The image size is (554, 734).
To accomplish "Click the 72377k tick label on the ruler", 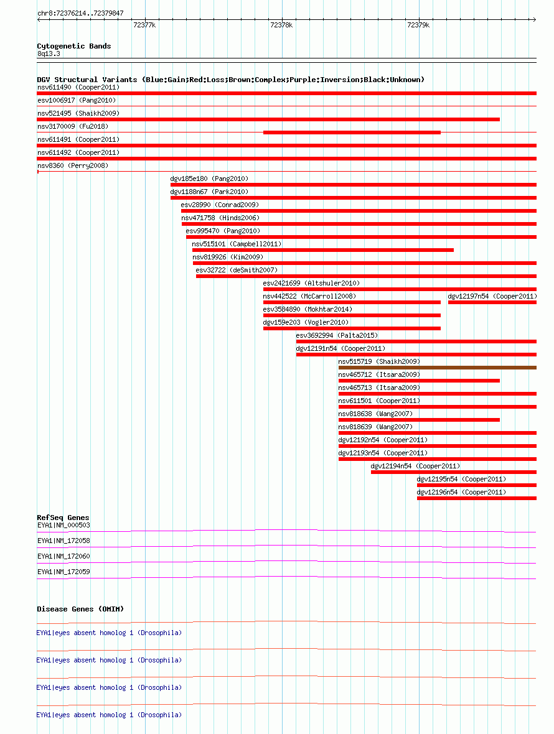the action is click(144, 26).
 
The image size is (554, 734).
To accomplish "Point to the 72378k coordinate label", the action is click(281, 26).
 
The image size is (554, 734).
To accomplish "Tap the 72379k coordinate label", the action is click(418, 26).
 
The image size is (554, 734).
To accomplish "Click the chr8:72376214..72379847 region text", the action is click(80, 13).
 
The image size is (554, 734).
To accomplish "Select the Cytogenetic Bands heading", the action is click(74, 46).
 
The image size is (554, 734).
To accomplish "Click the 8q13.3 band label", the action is click(49, 54).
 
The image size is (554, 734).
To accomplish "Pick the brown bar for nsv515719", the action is click(438, 368).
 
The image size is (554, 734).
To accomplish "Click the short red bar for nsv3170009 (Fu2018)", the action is click(352, 132).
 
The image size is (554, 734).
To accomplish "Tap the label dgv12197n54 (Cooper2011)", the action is click(492, 296).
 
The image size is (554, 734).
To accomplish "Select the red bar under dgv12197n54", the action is click(492, 302).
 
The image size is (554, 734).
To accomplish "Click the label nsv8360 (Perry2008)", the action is click(73, 165).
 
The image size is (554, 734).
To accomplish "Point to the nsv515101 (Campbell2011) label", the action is click(237, 244).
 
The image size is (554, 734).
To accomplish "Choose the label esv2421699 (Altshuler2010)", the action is click(311, 283).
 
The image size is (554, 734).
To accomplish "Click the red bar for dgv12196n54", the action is click(477, 498).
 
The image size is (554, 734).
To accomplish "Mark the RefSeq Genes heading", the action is click(63, 518).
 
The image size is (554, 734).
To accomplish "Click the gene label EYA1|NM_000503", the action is click(63, 525).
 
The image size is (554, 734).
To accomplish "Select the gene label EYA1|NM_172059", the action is click(63, 572).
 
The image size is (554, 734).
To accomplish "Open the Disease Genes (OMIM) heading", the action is click(80, 609).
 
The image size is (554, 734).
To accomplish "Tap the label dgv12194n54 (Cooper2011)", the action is click(415, 467).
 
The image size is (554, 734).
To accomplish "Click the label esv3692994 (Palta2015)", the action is click(337, 336).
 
